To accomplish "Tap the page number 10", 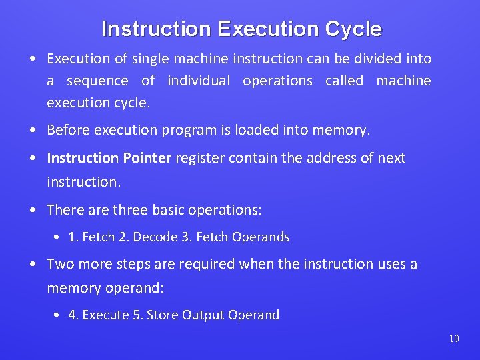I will pos(454,339).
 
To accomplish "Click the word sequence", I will pos(97,81).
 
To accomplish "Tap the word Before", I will pos(69,131).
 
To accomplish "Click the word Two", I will pos(60,264).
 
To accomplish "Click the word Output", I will pos(204,315).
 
